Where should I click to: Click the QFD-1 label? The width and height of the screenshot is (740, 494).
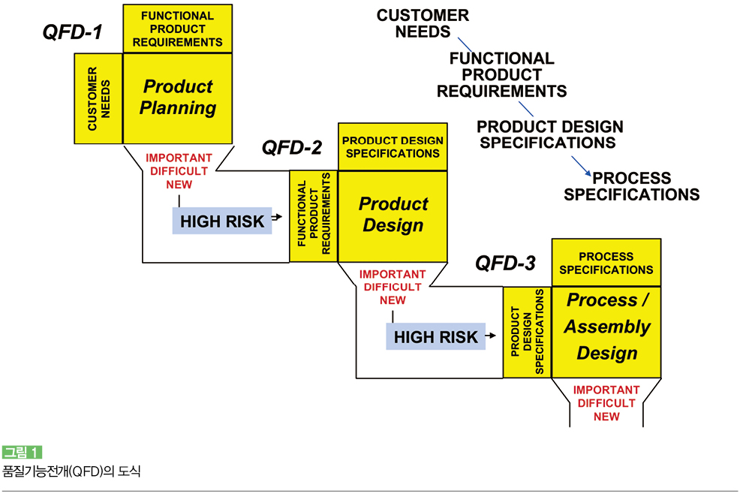pyautogui.click(x=72, y=32)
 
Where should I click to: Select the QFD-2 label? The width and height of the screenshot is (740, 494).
pyautogui.click(x=292, y=148)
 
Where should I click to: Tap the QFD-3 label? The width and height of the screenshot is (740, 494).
pyautogui.click(x=505, y=264)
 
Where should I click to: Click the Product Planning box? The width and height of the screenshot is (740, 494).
pyautogui.click(x=177, y=98)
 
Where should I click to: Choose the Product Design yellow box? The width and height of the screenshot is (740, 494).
pyautogui.click(x=393, y=216)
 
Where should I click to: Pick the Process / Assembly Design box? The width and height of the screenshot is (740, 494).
pyautogui.click(x=606, y=332)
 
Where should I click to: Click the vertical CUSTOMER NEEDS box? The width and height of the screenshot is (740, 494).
pyautogui.click(x=98, y=98)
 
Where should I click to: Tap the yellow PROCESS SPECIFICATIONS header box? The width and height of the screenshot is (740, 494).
pyautogui.click(x=606, y=263)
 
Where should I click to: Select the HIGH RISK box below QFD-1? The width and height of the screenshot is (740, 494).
pyautogui.click(x=222, y=221)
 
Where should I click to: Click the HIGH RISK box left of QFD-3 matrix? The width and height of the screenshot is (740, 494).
pyautogui.click(x=435, y=337)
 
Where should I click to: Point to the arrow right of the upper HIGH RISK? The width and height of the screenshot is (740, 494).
pyautogui.click(x=277, y=217)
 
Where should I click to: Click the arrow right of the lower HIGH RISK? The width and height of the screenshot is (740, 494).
pyautogui.click(x=491, y=336)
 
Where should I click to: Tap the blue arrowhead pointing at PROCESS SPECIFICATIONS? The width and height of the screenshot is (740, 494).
pyautogui.click(x=588, y=173)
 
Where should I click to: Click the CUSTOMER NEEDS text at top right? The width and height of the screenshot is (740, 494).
pyautogui.click(x=423, y=23)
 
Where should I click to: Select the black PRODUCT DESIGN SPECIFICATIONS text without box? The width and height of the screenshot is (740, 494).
pyautogui.click(x=549, y=134)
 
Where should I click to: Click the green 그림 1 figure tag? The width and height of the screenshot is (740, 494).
pyautogui.click(x=23, y=453)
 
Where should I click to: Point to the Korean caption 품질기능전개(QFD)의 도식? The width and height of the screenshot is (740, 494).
pyautogui.click(x=71, y=471)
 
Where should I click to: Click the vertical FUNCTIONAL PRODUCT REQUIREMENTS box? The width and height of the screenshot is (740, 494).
pyautogui.click(x=314, y=216)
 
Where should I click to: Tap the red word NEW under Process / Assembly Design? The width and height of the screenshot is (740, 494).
pyautogui.click(x=606, y=417)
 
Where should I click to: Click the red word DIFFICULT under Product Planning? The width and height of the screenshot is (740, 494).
pyautogui.click(x=179, y=171)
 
